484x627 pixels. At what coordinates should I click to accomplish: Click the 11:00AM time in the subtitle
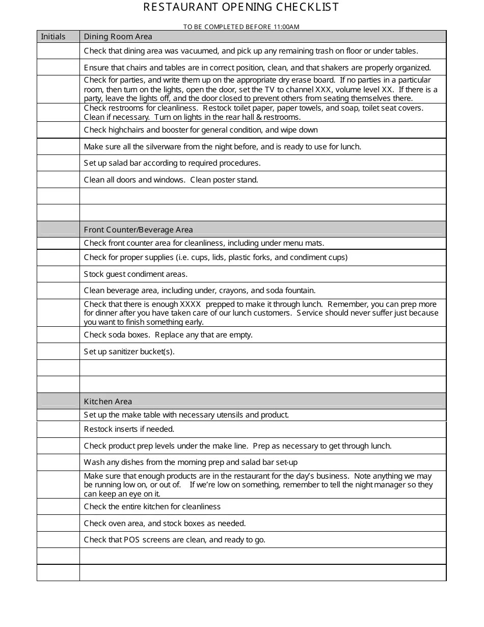pos(286,27)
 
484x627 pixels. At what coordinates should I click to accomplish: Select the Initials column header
pos(53,37)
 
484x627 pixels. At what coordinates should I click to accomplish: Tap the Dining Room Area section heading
pos(118,37)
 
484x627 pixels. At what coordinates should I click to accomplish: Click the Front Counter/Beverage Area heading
pos(138,230)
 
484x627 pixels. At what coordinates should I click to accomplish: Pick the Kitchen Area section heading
pos(107,402)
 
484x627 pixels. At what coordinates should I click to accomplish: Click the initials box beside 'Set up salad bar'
pos(58,163)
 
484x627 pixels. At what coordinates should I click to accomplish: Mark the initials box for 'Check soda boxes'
pos(58,335)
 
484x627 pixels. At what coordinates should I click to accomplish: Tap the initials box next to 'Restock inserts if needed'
pos(58,429)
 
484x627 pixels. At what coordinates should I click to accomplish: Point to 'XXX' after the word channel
pos(324,90)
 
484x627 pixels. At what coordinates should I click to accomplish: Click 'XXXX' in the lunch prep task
pos(191,304)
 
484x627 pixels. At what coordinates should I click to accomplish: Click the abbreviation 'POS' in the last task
pos(131,540)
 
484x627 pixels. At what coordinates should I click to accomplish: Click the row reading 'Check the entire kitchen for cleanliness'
pos(152,507)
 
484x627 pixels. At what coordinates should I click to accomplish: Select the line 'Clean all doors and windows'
pos(171,180)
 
